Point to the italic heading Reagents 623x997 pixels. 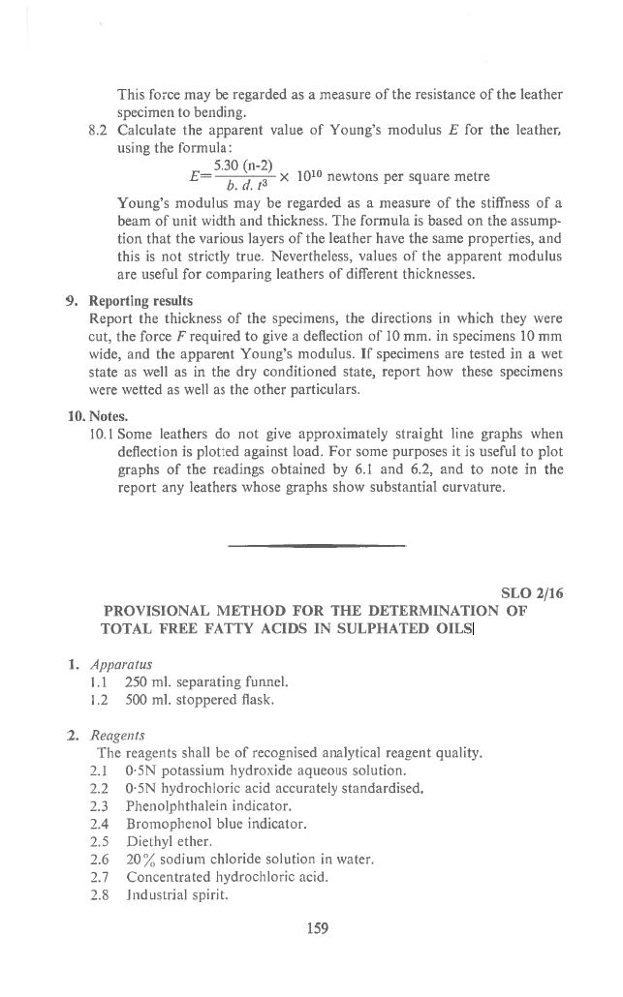coord(118,737)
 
